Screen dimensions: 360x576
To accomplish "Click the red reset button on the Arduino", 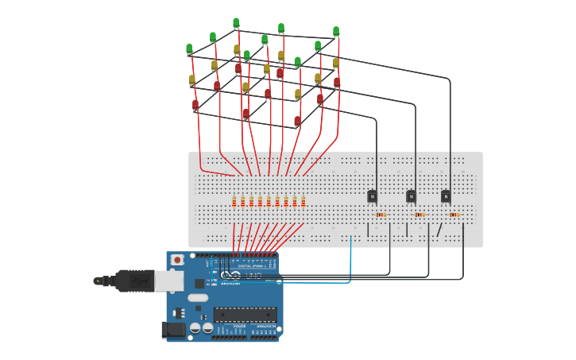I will (176, 260).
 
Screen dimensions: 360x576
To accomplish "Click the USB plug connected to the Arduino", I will (134, 280).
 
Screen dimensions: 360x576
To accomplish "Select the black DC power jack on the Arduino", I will (173, 329).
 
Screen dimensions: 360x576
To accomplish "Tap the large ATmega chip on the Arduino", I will (245, 315).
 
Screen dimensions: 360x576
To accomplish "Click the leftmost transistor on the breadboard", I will (372, 196).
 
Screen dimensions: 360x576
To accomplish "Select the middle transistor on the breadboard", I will (411, 196).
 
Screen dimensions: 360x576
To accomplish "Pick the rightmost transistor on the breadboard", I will (446, 196).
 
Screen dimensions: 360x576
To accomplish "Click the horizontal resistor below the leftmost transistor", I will (380, 215).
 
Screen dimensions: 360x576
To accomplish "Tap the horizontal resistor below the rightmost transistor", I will (454, 215).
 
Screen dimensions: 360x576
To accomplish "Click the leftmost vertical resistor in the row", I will (234, 201).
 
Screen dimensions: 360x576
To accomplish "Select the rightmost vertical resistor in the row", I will (303, 201).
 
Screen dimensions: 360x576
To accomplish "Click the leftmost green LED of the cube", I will (189, 49).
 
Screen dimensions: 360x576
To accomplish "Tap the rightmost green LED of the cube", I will (336, 32).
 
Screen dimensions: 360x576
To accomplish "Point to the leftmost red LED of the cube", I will (195, 105).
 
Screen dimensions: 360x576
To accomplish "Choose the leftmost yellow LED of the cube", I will (192, 80).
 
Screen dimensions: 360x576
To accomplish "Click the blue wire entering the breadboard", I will (350, 254).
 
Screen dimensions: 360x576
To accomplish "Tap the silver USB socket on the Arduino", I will (168, 280).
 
